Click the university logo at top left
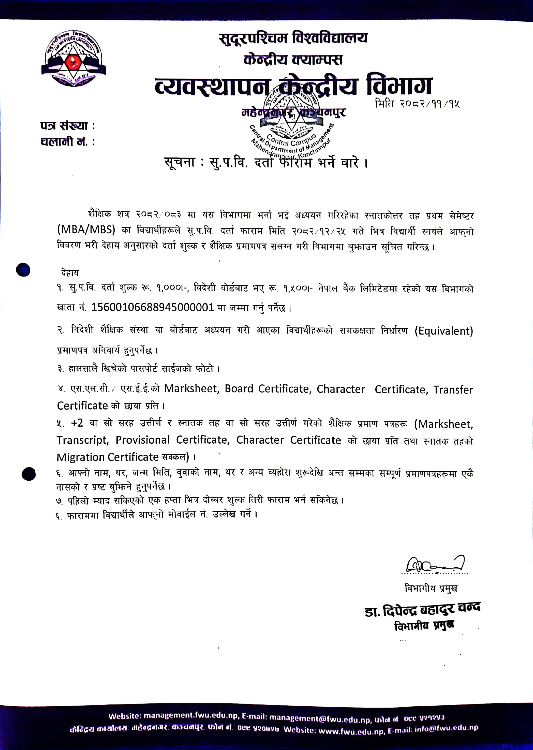click(x=73, y=59)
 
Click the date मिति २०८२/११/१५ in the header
click(x=417, y=104)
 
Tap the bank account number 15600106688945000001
click(x=152, y=307)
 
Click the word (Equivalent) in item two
click(x=444, y=331)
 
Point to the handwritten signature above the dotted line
click(x=435, y=564)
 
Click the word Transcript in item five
click(x=82, y=440)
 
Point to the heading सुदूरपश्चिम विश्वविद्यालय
click(x=293, y=38)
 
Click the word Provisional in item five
click(x=142, y=440)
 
